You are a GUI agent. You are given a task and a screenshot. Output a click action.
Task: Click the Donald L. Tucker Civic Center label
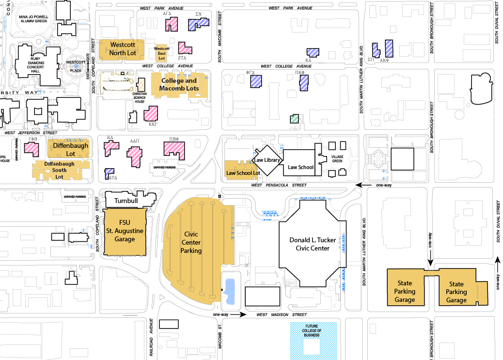point(310,244)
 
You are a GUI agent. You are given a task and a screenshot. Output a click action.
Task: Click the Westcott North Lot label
point(123,48)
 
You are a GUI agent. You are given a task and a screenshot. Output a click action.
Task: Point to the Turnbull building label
point(127,201)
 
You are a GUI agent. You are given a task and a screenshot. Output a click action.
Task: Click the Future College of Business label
point(313,330)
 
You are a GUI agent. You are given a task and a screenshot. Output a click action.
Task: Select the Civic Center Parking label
point(191,242)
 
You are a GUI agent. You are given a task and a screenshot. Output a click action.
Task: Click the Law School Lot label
point(243,173)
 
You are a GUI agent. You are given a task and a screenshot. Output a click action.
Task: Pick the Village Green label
point(337,159)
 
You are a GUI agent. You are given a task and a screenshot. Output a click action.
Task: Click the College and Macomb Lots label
point(179,84)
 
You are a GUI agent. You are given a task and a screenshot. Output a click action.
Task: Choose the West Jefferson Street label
point(31,132)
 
